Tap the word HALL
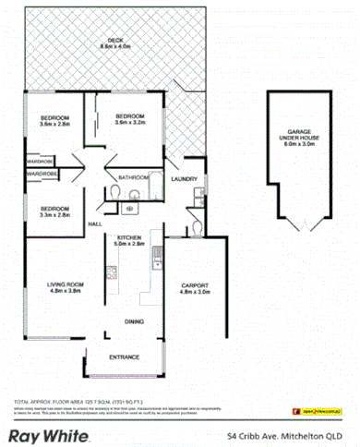pyautogui.click(x=93, y=224)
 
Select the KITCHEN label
pyautogui.click(x=129, y=241)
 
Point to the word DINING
pyautogui.click(x=134, y=321)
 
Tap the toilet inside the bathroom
pyautogui.click(x=133, y=194)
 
